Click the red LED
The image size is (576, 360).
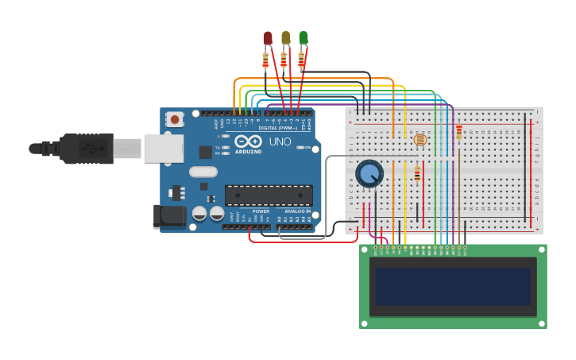[268, 37]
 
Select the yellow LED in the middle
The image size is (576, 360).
[285, 37]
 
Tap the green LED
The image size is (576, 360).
[303, 37]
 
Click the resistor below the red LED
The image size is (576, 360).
[265, 60]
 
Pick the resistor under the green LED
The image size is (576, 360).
[301, 59]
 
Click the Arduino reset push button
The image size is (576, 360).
[175, 119]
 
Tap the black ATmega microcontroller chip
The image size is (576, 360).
[269, 195]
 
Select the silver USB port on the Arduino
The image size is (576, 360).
[163, 148]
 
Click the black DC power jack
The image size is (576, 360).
[168, 215]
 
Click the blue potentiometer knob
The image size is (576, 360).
[369, 172]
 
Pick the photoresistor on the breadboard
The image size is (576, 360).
[420, 140]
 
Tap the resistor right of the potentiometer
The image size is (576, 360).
[417, 173]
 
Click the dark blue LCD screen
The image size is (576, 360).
[453, 286]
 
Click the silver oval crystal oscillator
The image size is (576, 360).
[203, 172]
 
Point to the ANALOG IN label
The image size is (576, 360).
[297, 211]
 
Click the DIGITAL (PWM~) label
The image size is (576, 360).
[277, 127]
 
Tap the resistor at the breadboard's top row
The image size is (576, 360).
[458, 132]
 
